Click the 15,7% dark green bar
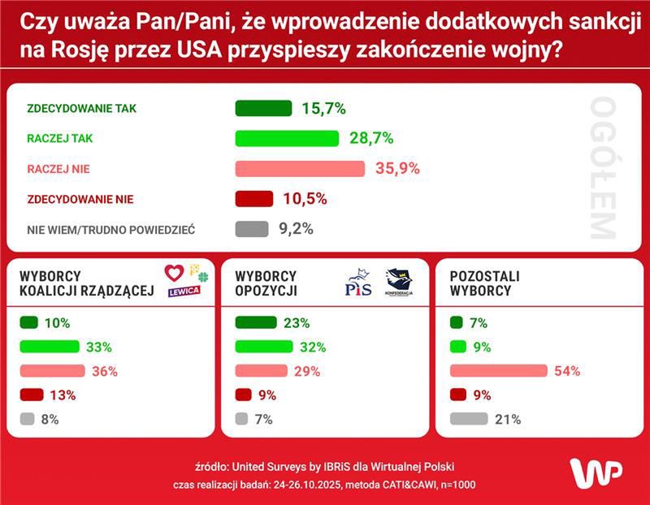coord(262,109)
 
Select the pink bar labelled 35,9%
coord(300,169)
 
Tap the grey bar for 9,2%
coord(251,229)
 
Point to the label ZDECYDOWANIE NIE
coord(80,199)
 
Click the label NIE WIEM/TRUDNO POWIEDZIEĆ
coord(110,230)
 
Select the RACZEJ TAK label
coord(60,139)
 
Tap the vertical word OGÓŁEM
coord(602,169)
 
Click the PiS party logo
coord(358,284)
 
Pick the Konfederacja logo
coord(399,283)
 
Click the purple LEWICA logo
coord(184,292)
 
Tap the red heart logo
coord(175,273)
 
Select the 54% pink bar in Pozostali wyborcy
coord(498,371)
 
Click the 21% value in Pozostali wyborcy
coord(508,420)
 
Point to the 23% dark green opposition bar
coord(255,322)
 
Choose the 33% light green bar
coord(50,347)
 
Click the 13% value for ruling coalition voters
coord(63,395)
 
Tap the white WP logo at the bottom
coord(596,473)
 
